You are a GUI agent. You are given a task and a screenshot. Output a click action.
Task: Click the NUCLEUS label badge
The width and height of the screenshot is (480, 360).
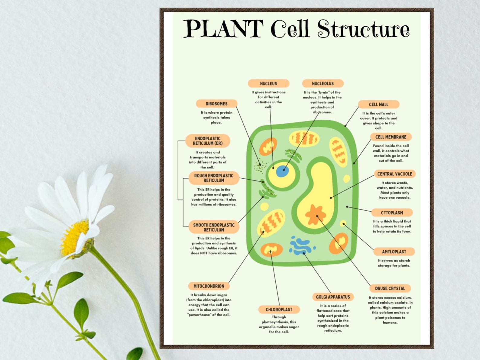tap(268, 83)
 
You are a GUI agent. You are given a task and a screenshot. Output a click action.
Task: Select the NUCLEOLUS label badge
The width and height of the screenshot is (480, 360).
tap(323, 83)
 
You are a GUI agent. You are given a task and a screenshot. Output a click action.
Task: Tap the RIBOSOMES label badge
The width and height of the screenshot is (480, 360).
tap(216, 104)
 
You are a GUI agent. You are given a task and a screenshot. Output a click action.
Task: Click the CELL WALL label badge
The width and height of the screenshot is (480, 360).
tap(378, 104)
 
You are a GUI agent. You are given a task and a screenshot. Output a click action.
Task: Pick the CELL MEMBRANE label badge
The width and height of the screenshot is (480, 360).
tap(391, 137)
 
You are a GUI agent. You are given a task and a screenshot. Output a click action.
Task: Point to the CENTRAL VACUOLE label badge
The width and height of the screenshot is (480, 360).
tap(394, 174)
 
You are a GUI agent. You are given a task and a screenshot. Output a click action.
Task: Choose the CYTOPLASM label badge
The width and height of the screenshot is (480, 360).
tap(392, 212)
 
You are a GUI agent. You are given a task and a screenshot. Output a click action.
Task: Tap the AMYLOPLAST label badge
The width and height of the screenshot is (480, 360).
tap(394, 251)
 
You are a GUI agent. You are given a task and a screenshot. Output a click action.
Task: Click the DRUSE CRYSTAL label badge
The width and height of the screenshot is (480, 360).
tap(390, 288)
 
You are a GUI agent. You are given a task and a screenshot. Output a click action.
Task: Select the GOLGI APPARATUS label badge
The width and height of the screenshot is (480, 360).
tap(333, 297)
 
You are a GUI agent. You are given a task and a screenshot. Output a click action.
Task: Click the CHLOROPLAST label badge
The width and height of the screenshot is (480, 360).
tap(279, 310)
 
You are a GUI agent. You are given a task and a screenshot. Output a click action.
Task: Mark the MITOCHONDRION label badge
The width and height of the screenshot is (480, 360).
tap(209, 286)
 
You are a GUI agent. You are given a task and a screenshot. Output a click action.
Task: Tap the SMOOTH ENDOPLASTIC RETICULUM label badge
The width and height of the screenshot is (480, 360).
tap(214, 227)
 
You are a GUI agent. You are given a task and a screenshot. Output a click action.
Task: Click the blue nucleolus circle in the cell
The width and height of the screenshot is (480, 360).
tap(282, 171)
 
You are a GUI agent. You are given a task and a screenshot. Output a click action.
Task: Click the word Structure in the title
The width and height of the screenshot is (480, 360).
tap(363, 29)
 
